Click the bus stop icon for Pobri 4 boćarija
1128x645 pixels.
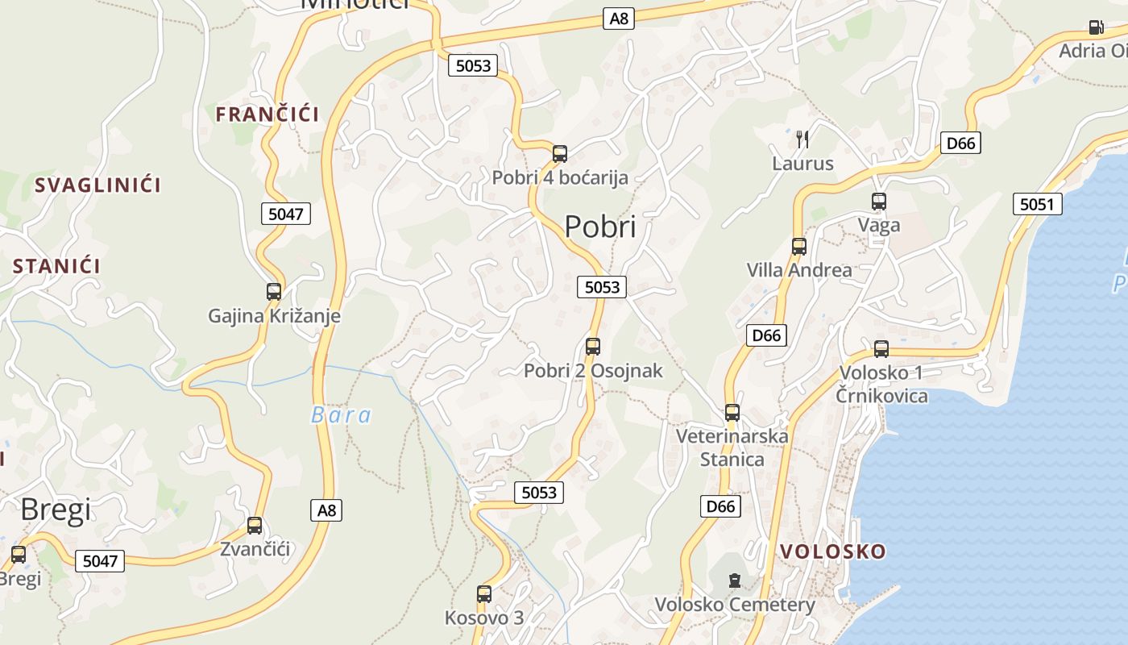click(x=560, y=153)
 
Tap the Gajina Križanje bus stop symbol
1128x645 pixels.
click(x=274, y=291)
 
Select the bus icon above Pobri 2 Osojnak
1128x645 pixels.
click(x=593, y=347)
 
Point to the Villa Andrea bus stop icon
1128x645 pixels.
click(x=798, y=246)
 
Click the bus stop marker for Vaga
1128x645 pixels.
click(x=878, y=202)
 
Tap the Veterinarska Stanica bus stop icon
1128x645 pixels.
click(x=732, y=413)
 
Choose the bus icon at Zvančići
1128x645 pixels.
click(x=255, y=526)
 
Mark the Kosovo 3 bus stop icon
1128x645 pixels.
click(x=484, y=594)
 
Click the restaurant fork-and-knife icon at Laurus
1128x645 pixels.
click(x=802, y=139)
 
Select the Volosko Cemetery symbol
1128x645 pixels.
click(x=734, y=580)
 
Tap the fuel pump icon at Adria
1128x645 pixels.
click(x=1096, y=27)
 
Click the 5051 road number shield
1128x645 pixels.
click(x=1037, y=204)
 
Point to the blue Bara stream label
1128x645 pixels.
click(x=342, y=415)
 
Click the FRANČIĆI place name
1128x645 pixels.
click(x=267, y=114)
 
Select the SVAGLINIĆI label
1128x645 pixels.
click(x=97, y=185)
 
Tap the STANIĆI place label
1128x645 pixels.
click(x=56, y=266)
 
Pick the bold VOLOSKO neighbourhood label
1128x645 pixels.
click(x=833, y=551)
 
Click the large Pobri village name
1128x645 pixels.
click(x=600, y=227)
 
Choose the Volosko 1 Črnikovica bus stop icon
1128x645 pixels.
click(x=881, y=349)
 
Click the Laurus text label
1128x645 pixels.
click(x=802, y=164)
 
